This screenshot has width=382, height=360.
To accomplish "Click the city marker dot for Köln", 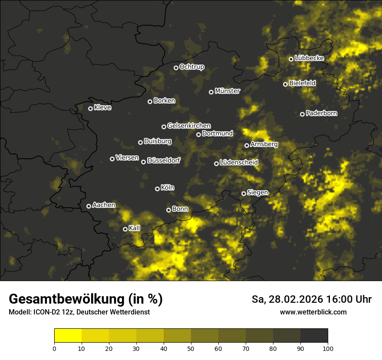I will [157, 189].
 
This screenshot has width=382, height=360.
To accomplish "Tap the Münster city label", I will [227, 91].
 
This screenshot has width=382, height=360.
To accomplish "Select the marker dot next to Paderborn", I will [302, 114].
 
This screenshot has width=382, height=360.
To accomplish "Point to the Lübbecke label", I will [309, 58].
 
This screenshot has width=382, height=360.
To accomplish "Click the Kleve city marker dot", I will [90, 108].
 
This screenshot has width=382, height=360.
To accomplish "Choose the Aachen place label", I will [104, 205].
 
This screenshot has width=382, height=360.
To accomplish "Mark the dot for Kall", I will [125, 229].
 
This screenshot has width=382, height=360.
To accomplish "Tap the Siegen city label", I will [257, 193].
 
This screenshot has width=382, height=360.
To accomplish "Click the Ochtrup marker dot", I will [176, 68].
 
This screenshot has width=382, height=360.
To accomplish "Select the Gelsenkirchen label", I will [189, 126].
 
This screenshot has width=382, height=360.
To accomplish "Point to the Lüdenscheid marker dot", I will [216, 164].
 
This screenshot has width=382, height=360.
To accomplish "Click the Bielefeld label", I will [302, 83].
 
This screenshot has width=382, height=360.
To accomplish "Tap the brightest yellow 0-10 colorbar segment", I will [68, 336].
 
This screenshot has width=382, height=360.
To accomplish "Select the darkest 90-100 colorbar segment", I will [314, 336].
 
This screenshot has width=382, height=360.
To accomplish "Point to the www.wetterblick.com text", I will [313, 312].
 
